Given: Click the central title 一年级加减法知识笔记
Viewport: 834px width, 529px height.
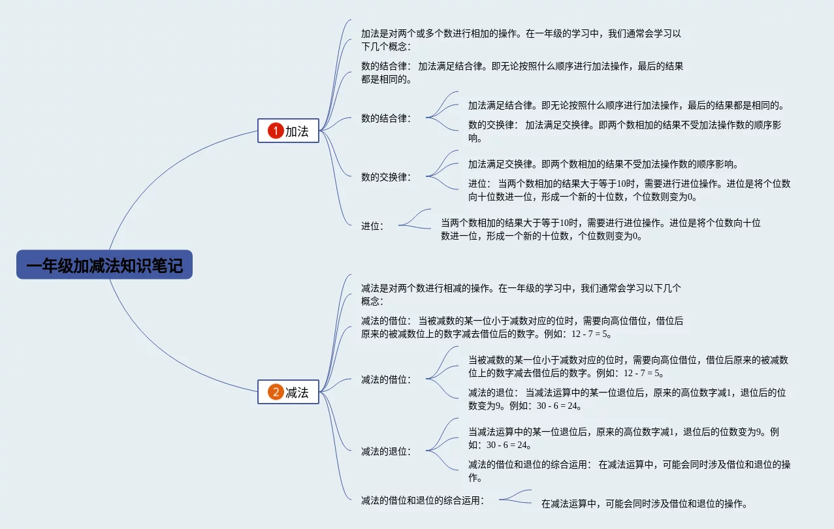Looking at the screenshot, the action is point(104,265).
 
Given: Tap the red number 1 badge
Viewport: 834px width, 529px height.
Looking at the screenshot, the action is point(276,131).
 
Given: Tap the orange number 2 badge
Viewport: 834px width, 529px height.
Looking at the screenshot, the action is point(276,392).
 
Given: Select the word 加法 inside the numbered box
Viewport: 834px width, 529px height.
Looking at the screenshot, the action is point(297,131).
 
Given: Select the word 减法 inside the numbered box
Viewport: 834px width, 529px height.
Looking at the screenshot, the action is point(297,392).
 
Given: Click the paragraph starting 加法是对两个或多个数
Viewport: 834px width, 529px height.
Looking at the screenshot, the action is point(521,40).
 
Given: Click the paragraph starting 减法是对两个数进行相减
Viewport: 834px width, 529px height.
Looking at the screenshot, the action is point(521,295).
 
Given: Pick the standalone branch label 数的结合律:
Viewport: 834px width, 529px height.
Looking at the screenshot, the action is point(386,118).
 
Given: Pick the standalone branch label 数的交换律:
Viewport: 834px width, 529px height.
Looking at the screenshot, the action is point(386,177).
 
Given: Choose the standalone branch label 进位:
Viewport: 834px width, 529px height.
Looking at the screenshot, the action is point(372,226).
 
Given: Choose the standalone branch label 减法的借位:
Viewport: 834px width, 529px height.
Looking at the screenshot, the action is point(386,379).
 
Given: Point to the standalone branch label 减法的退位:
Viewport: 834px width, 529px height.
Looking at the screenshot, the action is point(386,451).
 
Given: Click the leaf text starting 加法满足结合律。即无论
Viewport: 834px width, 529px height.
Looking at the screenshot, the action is point(625,105).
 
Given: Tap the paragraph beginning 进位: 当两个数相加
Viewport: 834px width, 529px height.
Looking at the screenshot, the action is point(628,190).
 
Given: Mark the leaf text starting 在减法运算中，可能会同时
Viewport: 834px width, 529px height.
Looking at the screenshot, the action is point(643,504).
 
